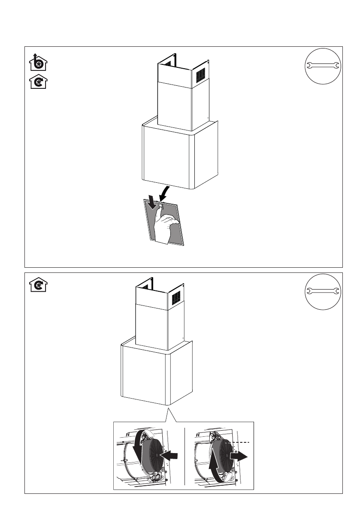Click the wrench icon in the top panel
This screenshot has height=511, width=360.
(x=322, y=66)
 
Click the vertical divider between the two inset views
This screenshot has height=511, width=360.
(x=184, y=456)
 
